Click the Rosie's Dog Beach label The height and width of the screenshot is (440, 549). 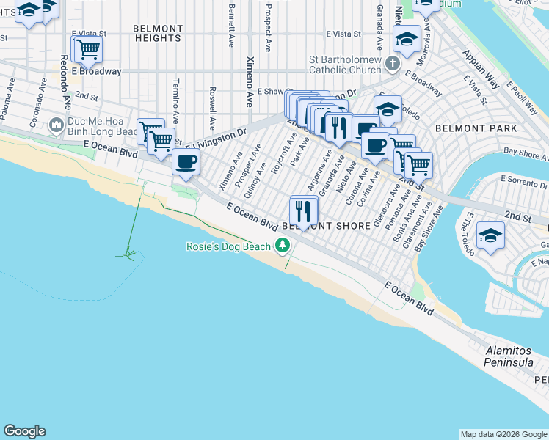click(228, 246)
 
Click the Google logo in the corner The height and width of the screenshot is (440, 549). click(24, 431)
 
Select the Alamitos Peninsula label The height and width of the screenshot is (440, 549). click(513, 356)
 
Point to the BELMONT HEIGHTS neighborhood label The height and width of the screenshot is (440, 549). click(157, 32)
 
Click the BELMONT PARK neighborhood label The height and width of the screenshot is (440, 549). click(466, 128)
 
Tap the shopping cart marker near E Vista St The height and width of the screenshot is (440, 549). click(87, 50)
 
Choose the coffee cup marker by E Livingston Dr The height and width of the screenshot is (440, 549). click(186, 161)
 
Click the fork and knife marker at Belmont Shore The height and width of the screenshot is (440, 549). click(303, 211)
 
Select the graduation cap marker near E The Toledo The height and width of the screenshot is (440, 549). click(490, 235)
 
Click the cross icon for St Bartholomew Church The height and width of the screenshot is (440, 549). click(393, 65)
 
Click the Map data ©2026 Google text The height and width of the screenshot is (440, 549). click(503, 434)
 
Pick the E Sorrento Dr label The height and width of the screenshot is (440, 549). click(523, 179)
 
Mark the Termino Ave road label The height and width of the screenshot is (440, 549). click(175, 101)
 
